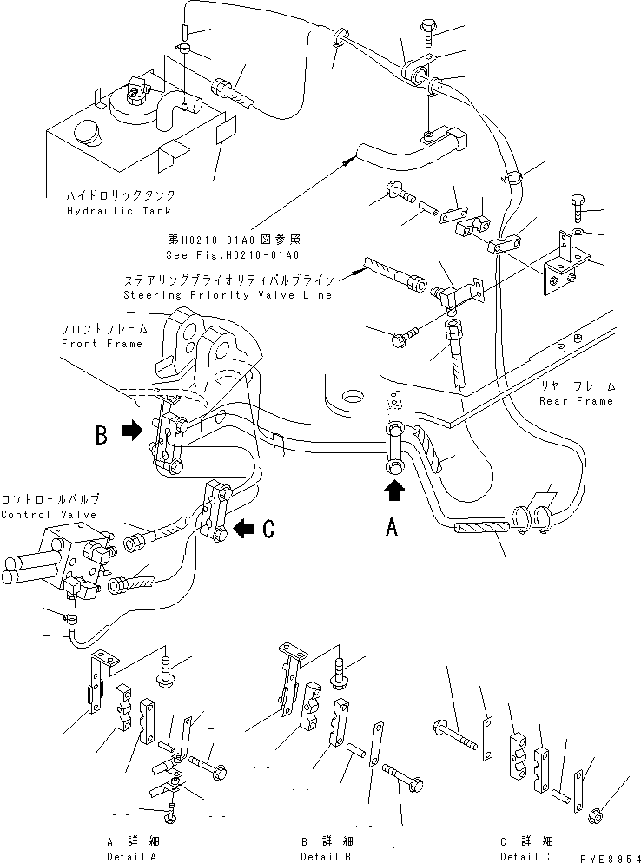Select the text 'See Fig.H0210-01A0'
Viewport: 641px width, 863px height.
pyautogui.click(x=232, y=255)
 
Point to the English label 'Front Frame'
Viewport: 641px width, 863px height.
pyautogui.click(x=102, y=344)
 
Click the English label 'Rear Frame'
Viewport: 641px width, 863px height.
pyautogui.click(x=576, y=400)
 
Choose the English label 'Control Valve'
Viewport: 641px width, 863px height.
pyautogui.click(x=50, y=515)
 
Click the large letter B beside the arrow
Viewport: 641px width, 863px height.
pyautogui.click(x=102, y=433)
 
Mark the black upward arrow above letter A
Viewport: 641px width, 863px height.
pyautogui.click(x=393, y=491)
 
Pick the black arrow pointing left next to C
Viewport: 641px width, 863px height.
pyautogui.click(x=244, y=525)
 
